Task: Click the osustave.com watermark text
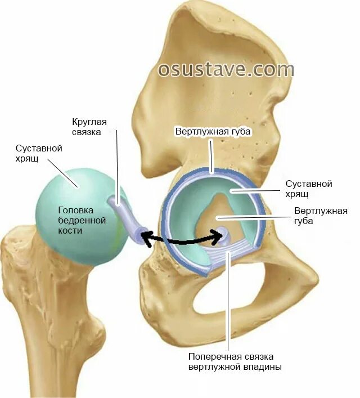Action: (226, 69)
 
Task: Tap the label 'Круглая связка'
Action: (86, 127)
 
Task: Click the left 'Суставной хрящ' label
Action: (39, 154)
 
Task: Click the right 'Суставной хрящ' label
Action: (309, 189)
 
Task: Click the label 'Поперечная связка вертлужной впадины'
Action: (235, 362)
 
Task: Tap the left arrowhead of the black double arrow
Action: (144, 239)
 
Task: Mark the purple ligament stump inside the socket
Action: (225, 232)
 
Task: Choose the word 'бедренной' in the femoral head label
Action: (78, 220)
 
